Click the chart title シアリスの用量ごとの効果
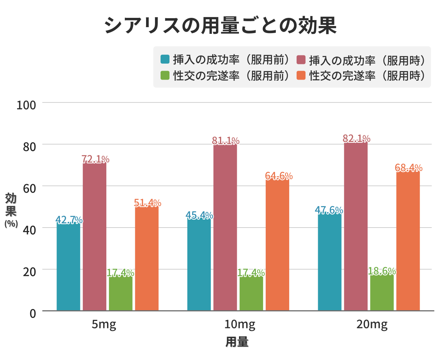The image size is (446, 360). [220, 25]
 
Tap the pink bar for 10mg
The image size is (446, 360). [225, 227]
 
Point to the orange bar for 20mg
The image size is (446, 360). [408, 242]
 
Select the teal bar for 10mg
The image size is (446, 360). [199, 264]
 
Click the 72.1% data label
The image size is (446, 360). [96, 159]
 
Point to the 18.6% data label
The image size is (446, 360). [382, 271]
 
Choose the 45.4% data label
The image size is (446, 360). [199, 215]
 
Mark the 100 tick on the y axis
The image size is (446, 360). [26, 105]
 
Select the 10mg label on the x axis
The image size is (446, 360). [240, 325]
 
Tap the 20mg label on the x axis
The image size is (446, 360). [372, 325]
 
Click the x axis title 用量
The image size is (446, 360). [237, 343]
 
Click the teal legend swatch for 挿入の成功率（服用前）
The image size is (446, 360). [165, 59]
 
